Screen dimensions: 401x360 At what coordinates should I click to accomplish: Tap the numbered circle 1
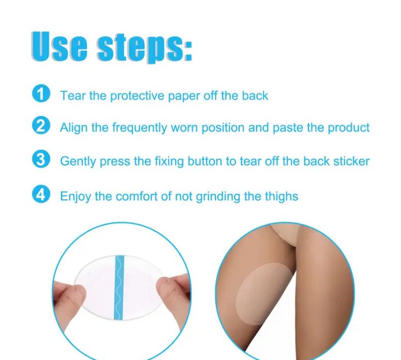pyautogui.click(x=41, y=94)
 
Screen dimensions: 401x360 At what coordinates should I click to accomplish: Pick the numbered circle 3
pyautogui.click(x=41, y=159)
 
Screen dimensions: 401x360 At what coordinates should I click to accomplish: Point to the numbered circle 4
pyautogui.click(x=41, y=194)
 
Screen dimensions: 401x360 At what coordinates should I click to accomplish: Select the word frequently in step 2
pyautogui.click(x=140, y=128)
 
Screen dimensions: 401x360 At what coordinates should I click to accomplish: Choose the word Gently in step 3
pyautogui.click(x=78, y=161)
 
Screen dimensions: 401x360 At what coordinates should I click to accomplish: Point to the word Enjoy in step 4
pyautogui.click(x=76, y=197)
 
